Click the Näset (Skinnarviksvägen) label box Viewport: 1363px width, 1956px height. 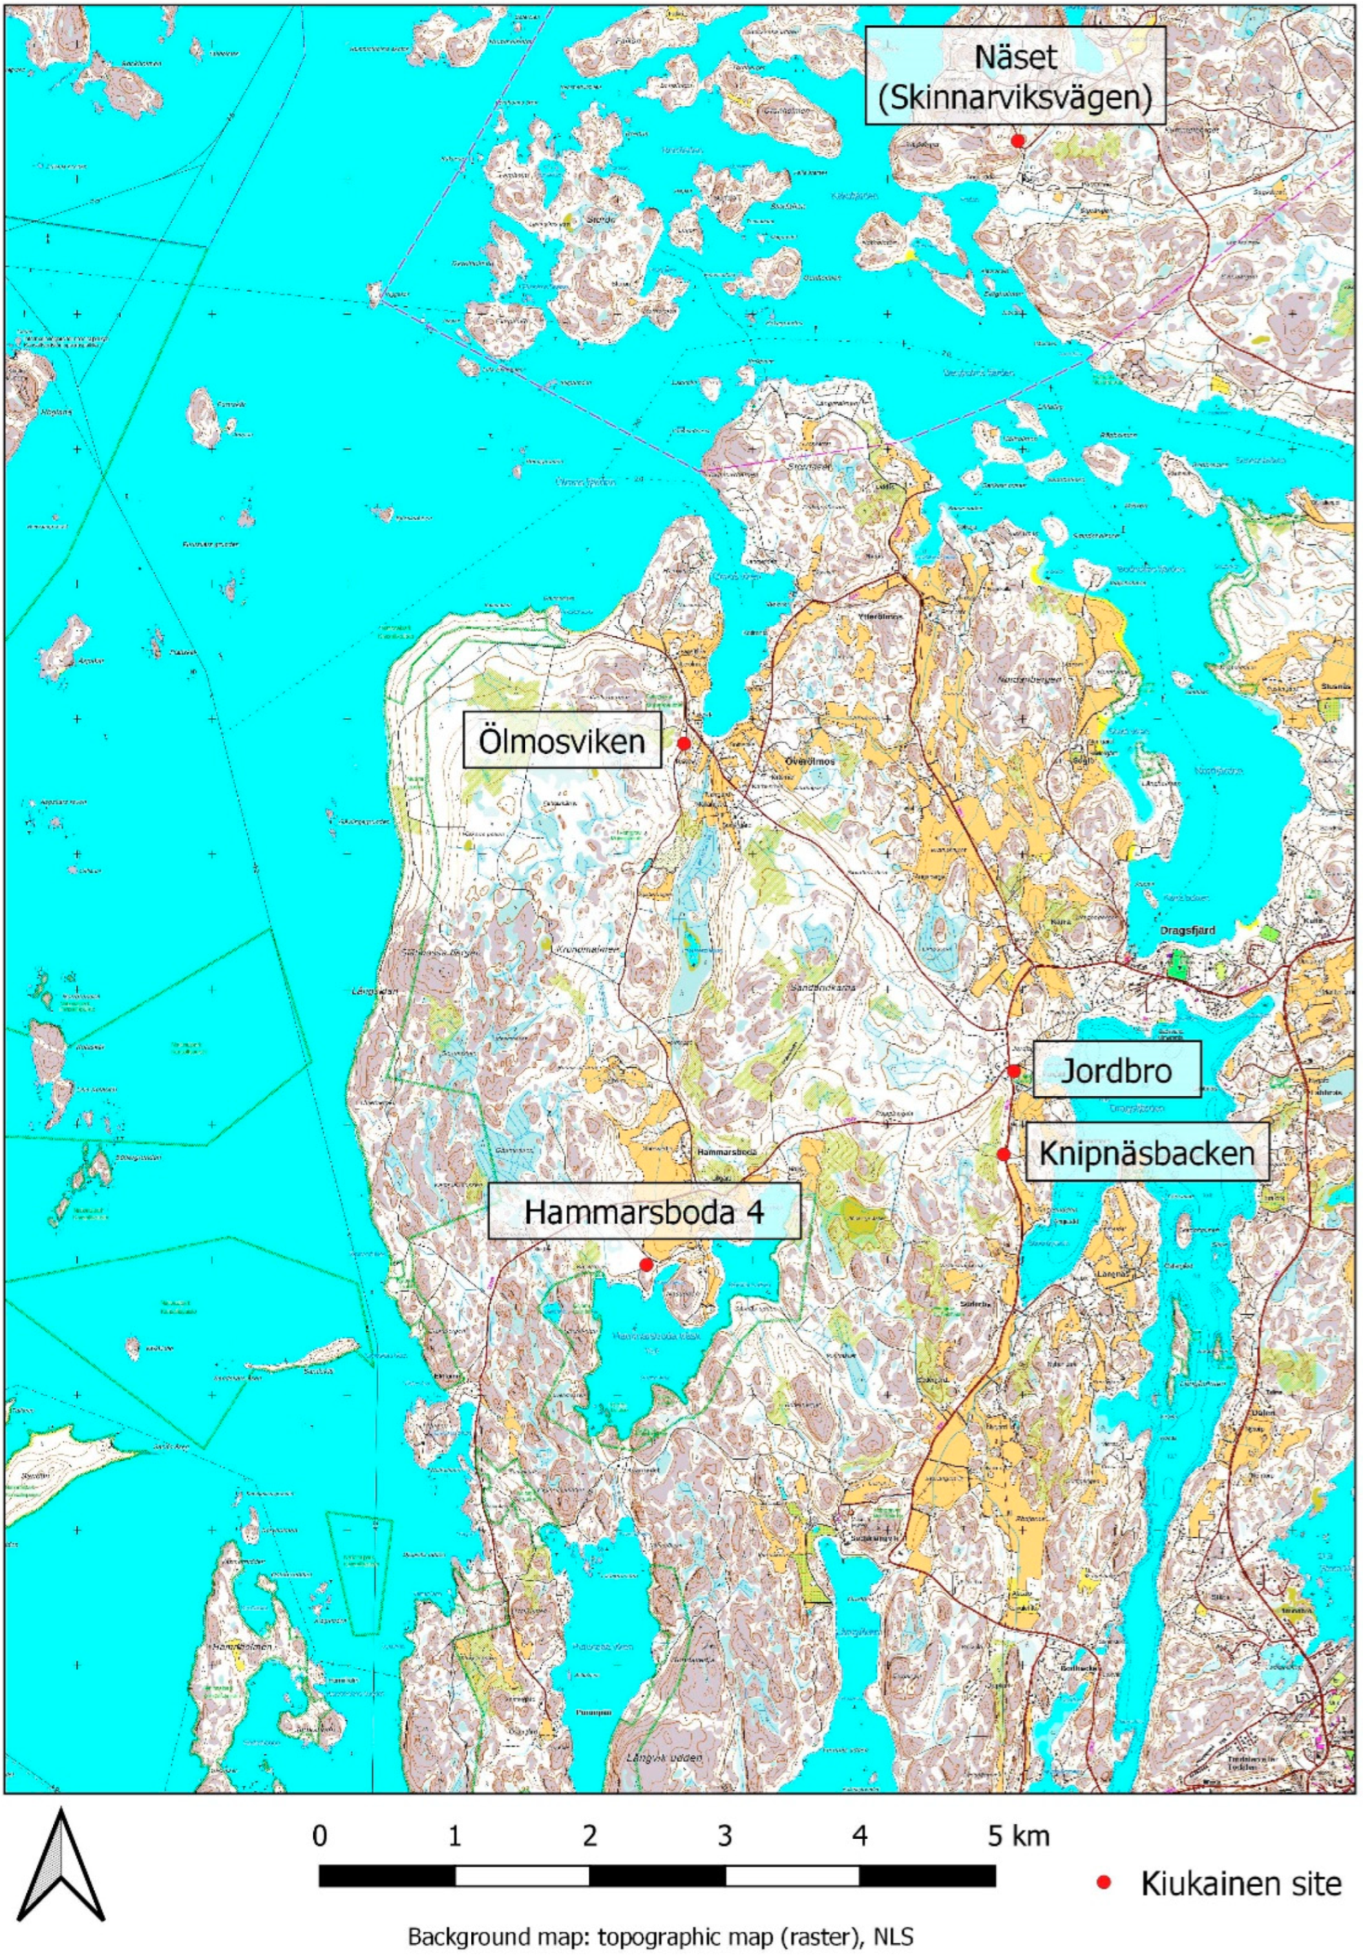[1015, 75]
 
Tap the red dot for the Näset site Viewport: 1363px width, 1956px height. [1017, 140]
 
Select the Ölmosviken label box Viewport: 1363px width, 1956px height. [562, 742]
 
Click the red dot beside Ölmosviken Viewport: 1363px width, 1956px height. [683, 743]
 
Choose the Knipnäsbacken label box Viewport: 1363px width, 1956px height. [1147, 1153]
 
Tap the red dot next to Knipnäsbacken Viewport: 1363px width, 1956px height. [1004, 1155]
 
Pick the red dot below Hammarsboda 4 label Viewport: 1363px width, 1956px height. [646, 1265]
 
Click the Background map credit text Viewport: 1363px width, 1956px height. [660, 1934]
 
